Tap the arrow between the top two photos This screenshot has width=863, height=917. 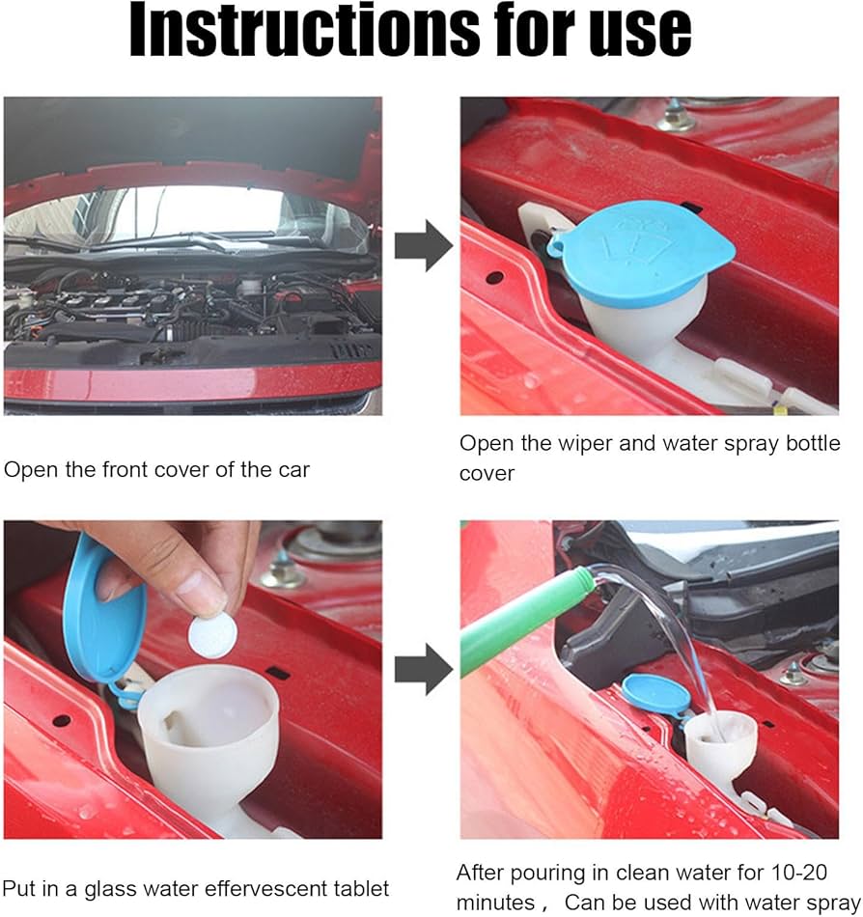(x=424, y=245)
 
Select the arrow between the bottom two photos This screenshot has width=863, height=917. (x=424, y=669)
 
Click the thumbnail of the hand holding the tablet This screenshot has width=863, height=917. (x=193, y=680)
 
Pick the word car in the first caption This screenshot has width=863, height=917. (x=293, y=470)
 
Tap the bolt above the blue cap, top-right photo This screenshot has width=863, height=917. (x=674, y=117)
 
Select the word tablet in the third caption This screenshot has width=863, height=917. (x=361, y=888)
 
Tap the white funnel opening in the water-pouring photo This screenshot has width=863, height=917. (x=720, y=732)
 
